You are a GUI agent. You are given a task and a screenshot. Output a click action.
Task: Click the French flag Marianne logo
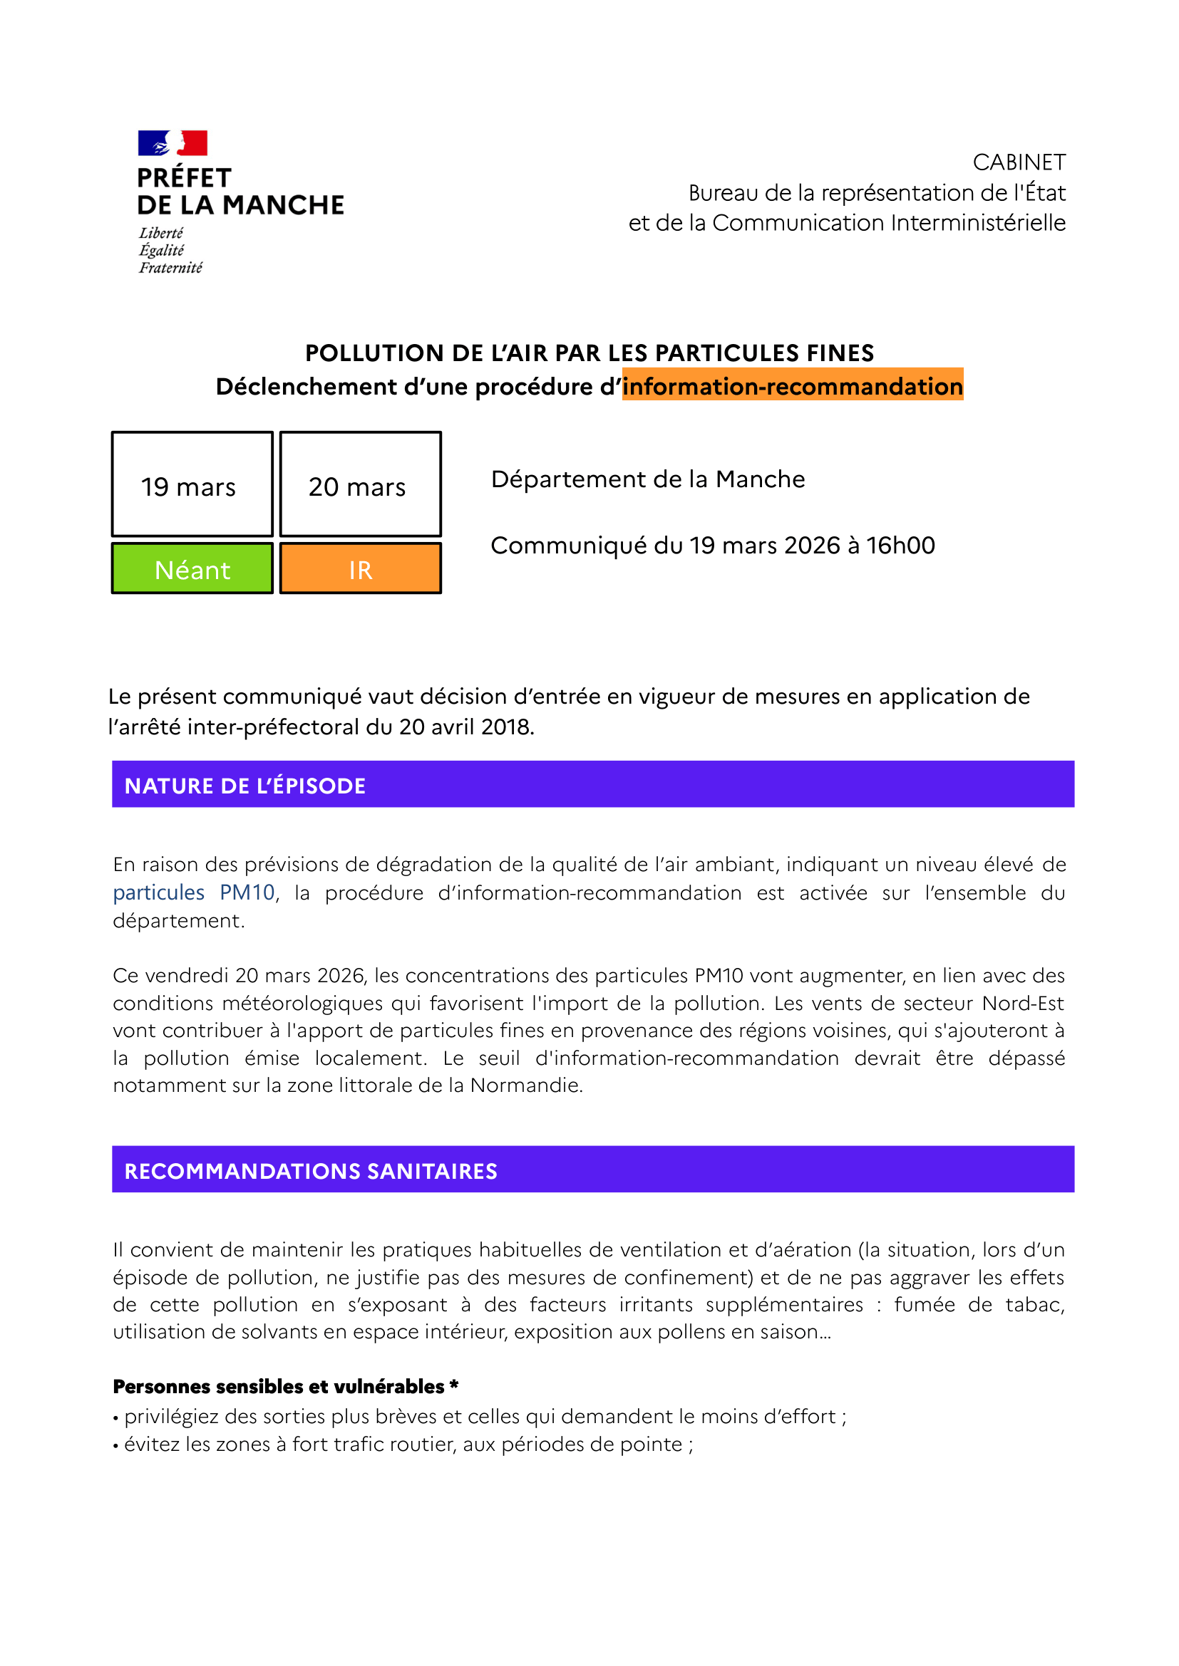click(173, 143)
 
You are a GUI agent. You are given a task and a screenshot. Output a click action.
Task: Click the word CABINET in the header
click(1019, 162)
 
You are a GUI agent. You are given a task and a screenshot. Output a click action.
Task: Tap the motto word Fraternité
click(170, 268)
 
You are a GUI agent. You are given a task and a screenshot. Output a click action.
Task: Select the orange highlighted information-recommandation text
click(792, 386)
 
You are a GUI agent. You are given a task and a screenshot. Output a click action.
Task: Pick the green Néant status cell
click(192, 570)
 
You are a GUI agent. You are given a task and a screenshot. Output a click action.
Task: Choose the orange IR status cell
click(360, 570)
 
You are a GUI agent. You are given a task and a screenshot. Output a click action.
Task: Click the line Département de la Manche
click(647, 479)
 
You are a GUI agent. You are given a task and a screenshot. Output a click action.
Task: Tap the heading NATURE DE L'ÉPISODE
click(244, 786)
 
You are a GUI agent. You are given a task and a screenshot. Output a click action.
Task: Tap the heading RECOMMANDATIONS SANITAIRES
click(311, 1171)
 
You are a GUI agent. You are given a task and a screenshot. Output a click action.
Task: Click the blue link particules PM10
click(194, 892)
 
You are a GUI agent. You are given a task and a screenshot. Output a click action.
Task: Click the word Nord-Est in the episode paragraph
click(1022, 1003)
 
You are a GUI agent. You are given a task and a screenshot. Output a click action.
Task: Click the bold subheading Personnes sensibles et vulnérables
click(278, 1387)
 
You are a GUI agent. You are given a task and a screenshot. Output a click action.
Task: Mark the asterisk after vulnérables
click(454, 1385)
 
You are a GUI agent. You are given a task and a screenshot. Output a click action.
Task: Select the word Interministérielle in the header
click(978, 223)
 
